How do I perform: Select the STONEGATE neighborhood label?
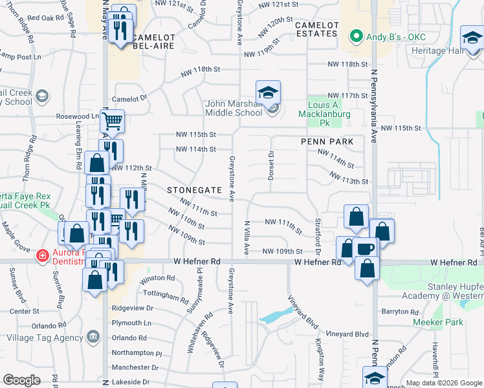tap(195, 190)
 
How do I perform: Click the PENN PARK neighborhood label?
tap(327, 141)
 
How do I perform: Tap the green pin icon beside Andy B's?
tap(355, 36)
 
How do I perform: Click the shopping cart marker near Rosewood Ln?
tap(113, 121)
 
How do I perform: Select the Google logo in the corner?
tap(21, 380)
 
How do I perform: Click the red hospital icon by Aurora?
tap(43, 255)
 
